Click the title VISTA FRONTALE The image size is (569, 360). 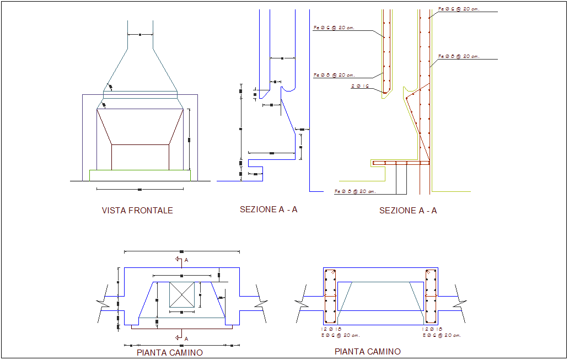[x=137, y=211]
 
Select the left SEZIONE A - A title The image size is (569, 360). [x=269, y=209]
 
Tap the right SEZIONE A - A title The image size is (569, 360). [x=408, y=211]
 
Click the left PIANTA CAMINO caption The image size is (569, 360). [x=169, y=353]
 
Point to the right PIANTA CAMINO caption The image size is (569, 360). [x=367, y=351]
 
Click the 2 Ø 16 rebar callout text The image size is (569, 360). [x=360, y=86]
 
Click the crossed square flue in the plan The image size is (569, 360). [x=181, y=295]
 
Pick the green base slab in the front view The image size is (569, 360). [x=139, y=175]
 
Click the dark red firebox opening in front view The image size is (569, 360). [x=140, y=157]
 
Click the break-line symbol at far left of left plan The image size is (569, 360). [x=105, y=303]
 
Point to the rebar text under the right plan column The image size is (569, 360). [x=442, y=332]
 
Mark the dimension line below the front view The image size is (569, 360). [x=139, y=189]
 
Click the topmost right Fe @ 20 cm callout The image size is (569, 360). [x=459, y=9]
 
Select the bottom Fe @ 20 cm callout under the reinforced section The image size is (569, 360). [x=355, y=191]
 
